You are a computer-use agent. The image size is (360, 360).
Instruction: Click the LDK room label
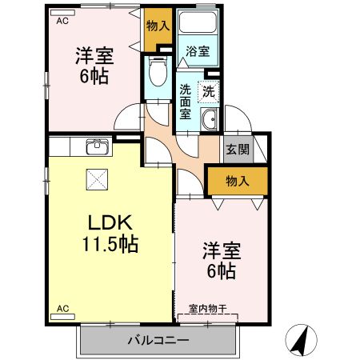tap(110, 222)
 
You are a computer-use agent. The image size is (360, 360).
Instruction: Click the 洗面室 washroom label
tap(185, 101)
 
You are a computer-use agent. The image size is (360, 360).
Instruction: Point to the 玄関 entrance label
tap(238, 149)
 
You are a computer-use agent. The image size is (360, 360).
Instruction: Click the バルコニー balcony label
tap(158, 341)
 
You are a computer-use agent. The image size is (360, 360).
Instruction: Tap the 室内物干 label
tap(208, 308)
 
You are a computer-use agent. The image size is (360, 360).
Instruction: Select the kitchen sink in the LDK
tap(97, 146)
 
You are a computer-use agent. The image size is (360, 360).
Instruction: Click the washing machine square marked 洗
tap(209, 90)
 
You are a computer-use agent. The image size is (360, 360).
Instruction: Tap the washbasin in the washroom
tap(210, 121)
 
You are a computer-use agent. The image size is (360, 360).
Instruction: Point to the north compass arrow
tap(302, 339)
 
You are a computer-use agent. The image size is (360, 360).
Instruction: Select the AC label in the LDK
tap(62, 306)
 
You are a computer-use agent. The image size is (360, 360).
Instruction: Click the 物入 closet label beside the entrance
tap(236, 182)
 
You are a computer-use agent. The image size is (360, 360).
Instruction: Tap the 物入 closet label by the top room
tap(158, 26)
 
